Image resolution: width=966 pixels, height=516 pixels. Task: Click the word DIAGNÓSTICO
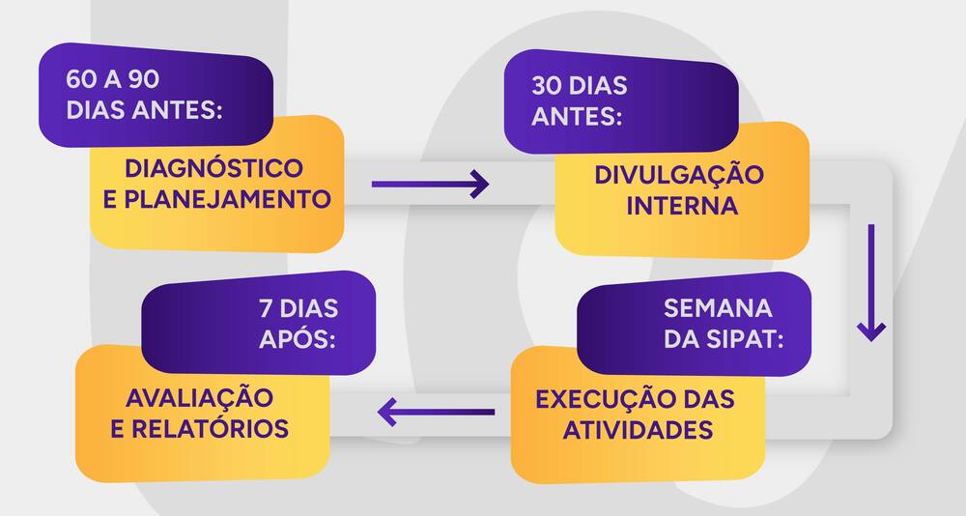point(213,168)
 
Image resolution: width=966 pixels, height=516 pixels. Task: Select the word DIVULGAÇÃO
point(679,175)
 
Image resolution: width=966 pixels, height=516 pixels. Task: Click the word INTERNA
point(682,206)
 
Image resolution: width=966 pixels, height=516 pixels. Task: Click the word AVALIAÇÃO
point(199,397)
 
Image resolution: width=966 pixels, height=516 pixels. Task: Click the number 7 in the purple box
point(265,309)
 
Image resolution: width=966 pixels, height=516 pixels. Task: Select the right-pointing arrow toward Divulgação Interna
point(430,184)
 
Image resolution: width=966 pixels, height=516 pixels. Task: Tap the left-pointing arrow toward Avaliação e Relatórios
point(436,412)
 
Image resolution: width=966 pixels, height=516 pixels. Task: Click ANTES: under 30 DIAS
point(577,116)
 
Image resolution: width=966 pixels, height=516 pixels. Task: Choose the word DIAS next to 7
point(310,309)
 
